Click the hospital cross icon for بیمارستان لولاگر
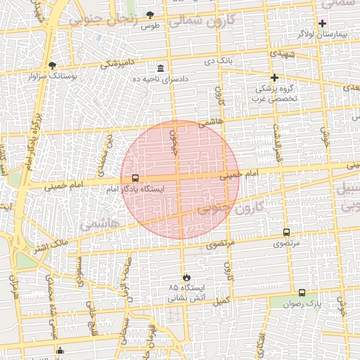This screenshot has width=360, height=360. tap(323, 22)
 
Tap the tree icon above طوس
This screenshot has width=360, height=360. tap(149, 15)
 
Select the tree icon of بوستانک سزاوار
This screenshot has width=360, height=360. tap(52, 65)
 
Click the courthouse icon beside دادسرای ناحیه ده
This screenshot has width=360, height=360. tap(162, 68)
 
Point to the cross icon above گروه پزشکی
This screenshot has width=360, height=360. tap(274, 77)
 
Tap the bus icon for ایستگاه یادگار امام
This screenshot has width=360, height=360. tap(135, 179)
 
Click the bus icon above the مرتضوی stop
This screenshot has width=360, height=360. tap(286, 232)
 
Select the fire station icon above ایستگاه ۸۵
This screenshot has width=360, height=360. tap(186, 277)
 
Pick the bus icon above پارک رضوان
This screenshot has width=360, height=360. tap(302, 292)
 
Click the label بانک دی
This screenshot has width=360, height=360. tap(218, 61)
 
